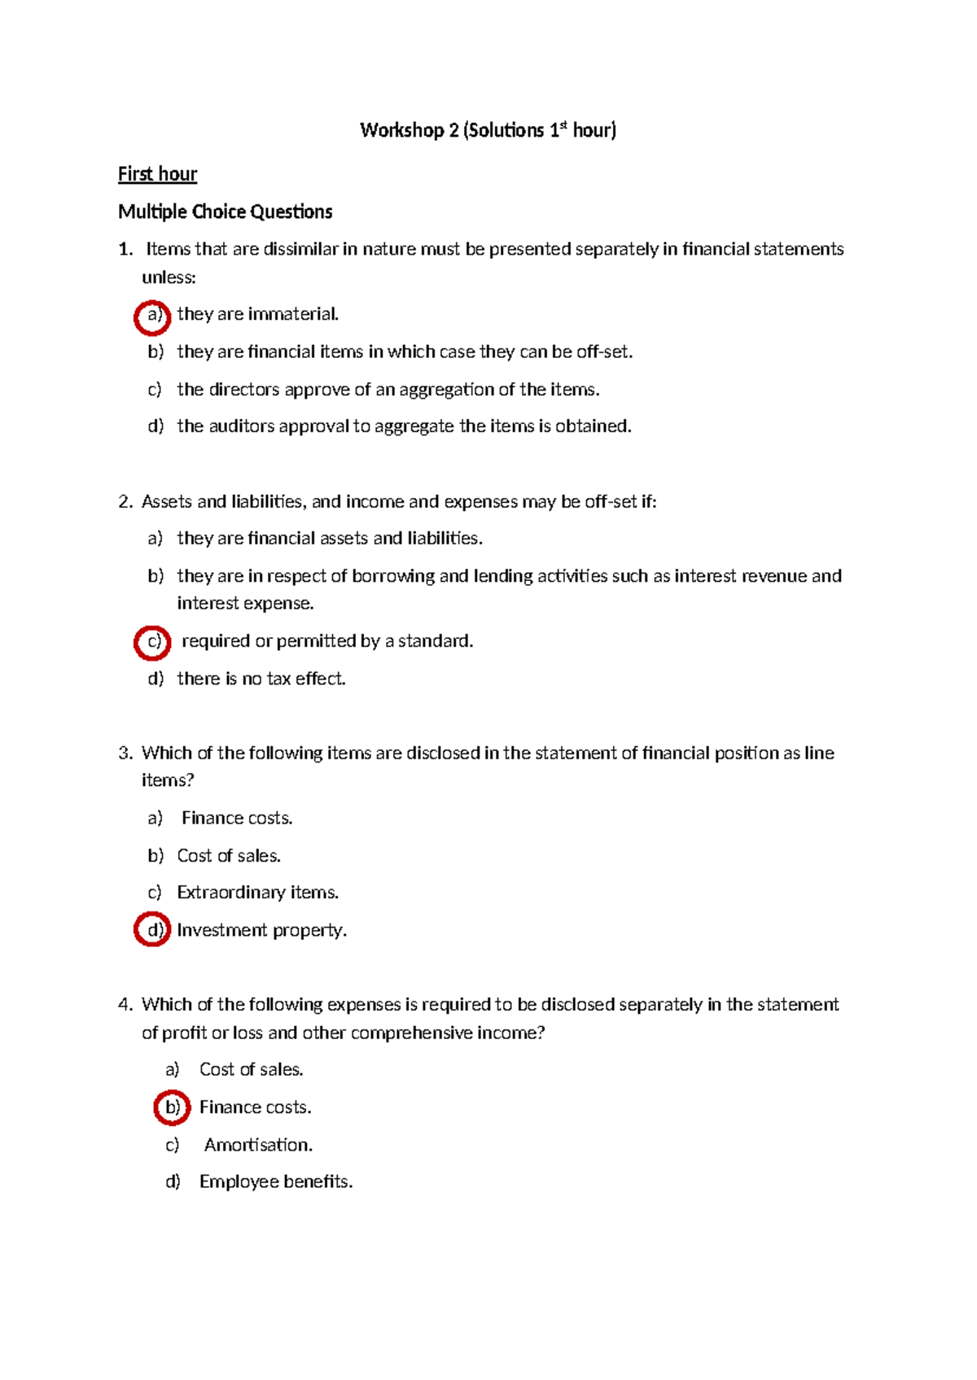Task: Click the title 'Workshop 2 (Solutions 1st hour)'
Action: coord(488,130)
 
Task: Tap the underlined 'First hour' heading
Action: coord(157,174)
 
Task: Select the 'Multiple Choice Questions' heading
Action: coord(225,212)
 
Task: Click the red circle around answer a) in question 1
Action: coord(152,315)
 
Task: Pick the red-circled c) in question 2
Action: coord(152,642)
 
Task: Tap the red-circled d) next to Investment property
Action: coord(152,929)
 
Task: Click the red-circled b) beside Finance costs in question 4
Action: coord(172,1107)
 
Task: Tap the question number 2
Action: coord(125,502)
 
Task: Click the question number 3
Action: coord(125,753)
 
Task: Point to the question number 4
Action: coord(125,1005)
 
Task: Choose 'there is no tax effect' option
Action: coord(261,679)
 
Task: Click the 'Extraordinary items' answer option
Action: coord(257,893)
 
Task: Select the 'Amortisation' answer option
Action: coord(258,1145)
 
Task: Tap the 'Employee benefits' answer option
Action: coord(276,1181)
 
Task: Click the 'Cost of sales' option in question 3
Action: coord(229,856)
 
